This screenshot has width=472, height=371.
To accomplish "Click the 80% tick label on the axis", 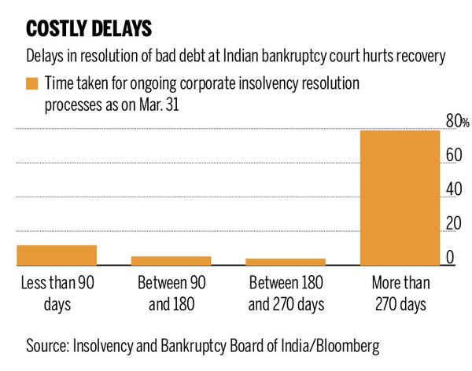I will pyautogui.click(x=458, y=121).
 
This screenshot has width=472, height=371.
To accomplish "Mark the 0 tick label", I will pyautogui.click(x=450, y=258).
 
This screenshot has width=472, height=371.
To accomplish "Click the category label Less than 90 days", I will pyautogui.click(x=58, y=292).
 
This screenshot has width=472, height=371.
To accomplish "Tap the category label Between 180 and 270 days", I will pyautogui.click(x=286, y=292).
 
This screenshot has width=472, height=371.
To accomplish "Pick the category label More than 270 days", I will pyautogui.click(x=400, y=292).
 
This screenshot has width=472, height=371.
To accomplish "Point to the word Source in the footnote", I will pyautogui.click(x=48, y=345).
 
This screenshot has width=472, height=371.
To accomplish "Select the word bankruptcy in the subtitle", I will pyautogui.click(x=282, y=57).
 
